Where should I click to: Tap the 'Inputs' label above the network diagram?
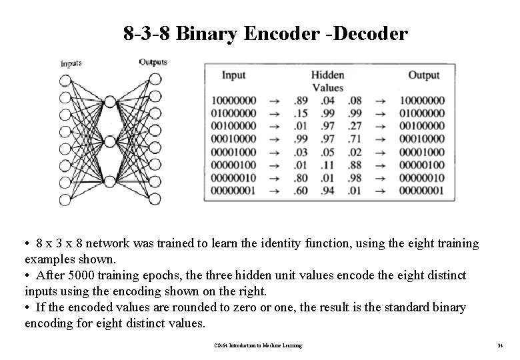coord(71,64)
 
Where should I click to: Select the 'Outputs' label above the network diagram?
coord(153,63)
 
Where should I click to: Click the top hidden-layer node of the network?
coord(110,101)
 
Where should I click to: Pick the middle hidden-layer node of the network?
coord(110,141)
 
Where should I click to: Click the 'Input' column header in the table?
coord(233,75)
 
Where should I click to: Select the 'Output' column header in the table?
coord(423,75)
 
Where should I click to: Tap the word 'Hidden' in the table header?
coord(327,75)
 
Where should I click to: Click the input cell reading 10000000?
coord(233,101)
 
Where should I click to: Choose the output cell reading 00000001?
coord(422,190)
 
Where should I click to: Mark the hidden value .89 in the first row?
coord(301,101)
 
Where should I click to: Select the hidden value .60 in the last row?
coord(301,190)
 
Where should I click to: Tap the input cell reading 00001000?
coord(233,151)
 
